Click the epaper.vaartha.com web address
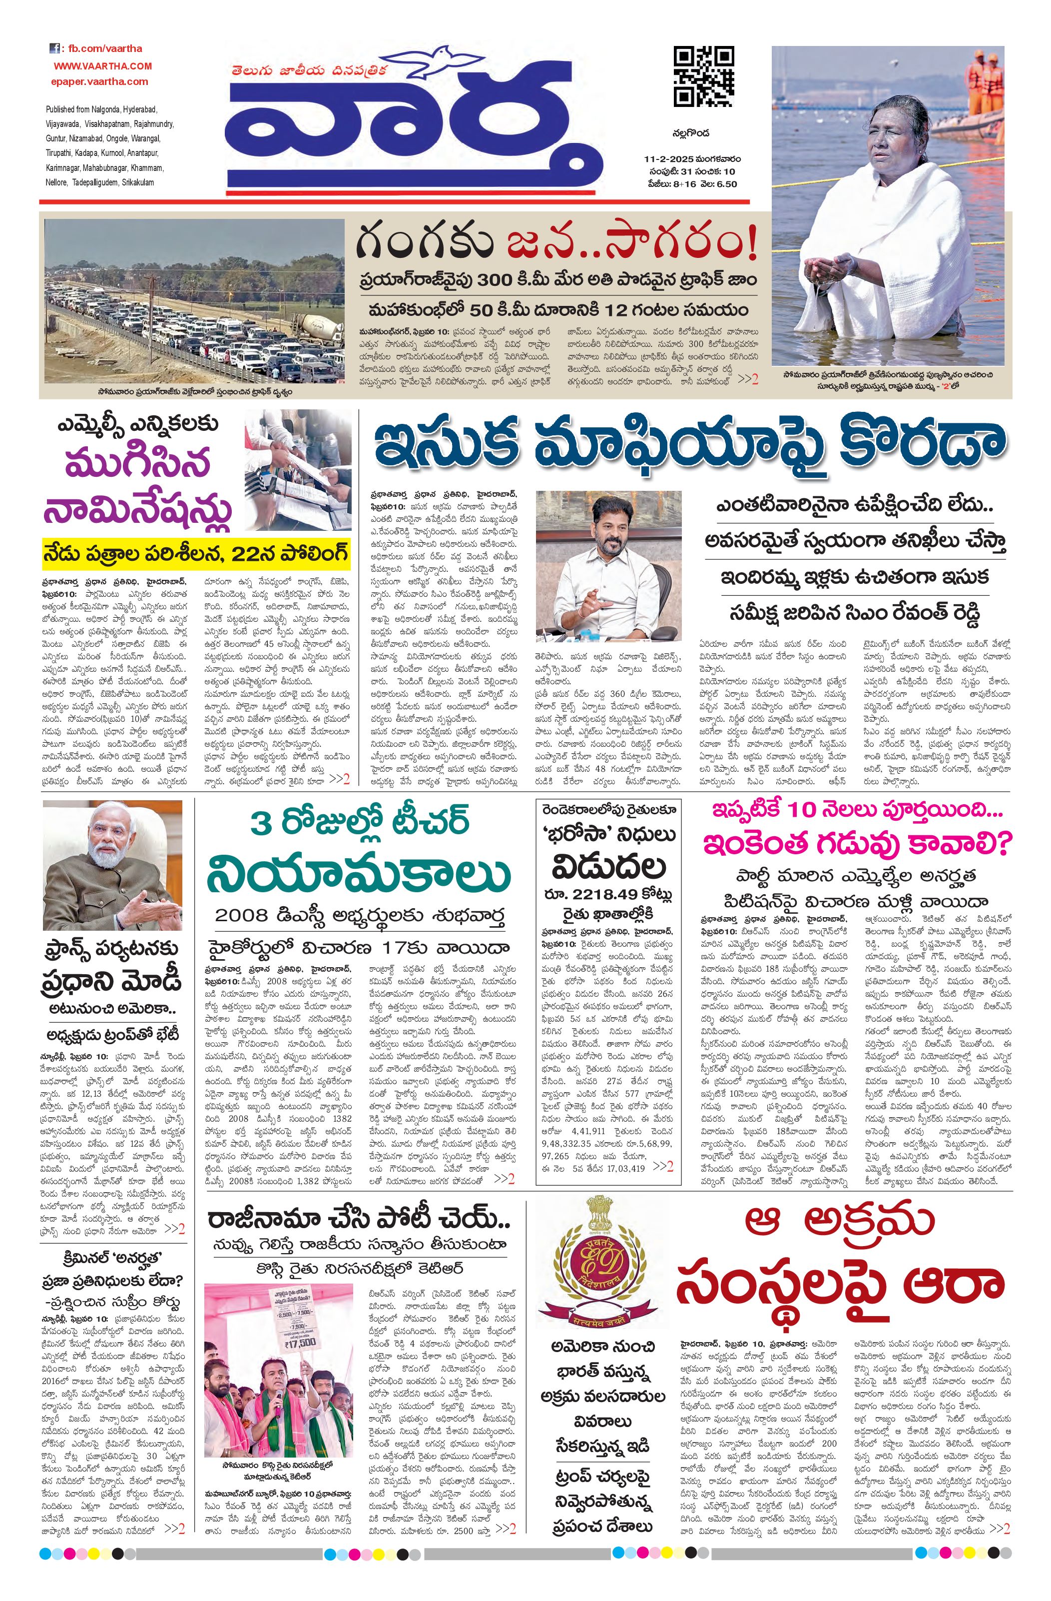click(x=99, y=81)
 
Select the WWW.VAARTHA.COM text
click(x=103, y=66)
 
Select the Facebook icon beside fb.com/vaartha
click(x=54, y=48)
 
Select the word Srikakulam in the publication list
click(x=137, y=182)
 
